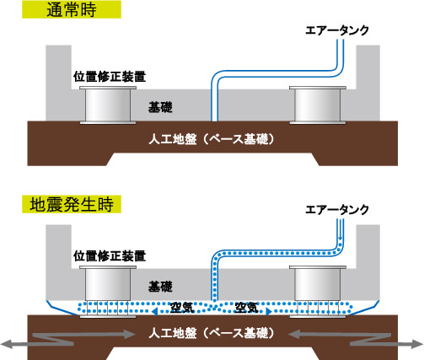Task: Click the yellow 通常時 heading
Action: tap(72, 9)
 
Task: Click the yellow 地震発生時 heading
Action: tap(72, 204)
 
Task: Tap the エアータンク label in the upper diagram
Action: tap(337, 30)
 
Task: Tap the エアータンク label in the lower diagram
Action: tap(337, 210)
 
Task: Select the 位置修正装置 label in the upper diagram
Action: tap(110, 77)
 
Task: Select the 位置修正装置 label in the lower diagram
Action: tap(110, 256)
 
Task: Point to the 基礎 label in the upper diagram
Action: tap(160, 107)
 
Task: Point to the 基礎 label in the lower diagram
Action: tap(160, 287)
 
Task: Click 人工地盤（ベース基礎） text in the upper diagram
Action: tap(212, 139)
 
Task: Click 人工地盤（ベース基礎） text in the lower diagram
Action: tap(212, 333)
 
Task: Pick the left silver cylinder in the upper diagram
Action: tap(108, 105)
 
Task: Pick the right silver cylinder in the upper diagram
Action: tap(318, 105)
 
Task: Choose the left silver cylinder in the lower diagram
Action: tap(108, 283)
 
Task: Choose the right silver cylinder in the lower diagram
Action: tap(318, 283)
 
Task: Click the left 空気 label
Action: tap(182, 308)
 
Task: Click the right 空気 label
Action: tap(246, 308)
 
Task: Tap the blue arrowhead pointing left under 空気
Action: tap(155, 312)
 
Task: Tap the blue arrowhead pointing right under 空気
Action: tap(269, 312)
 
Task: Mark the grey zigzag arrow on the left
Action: tap(67, 339)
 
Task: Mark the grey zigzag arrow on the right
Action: tap(356, 339)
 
